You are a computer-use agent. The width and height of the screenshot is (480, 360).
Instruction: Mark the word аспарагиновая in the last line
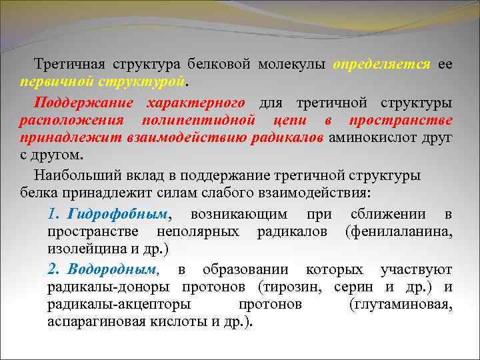pyautogui.click(x=93, y=321)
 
